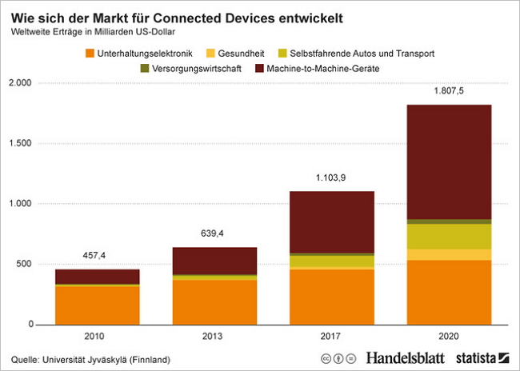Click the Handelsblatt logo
pos(406,357)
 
